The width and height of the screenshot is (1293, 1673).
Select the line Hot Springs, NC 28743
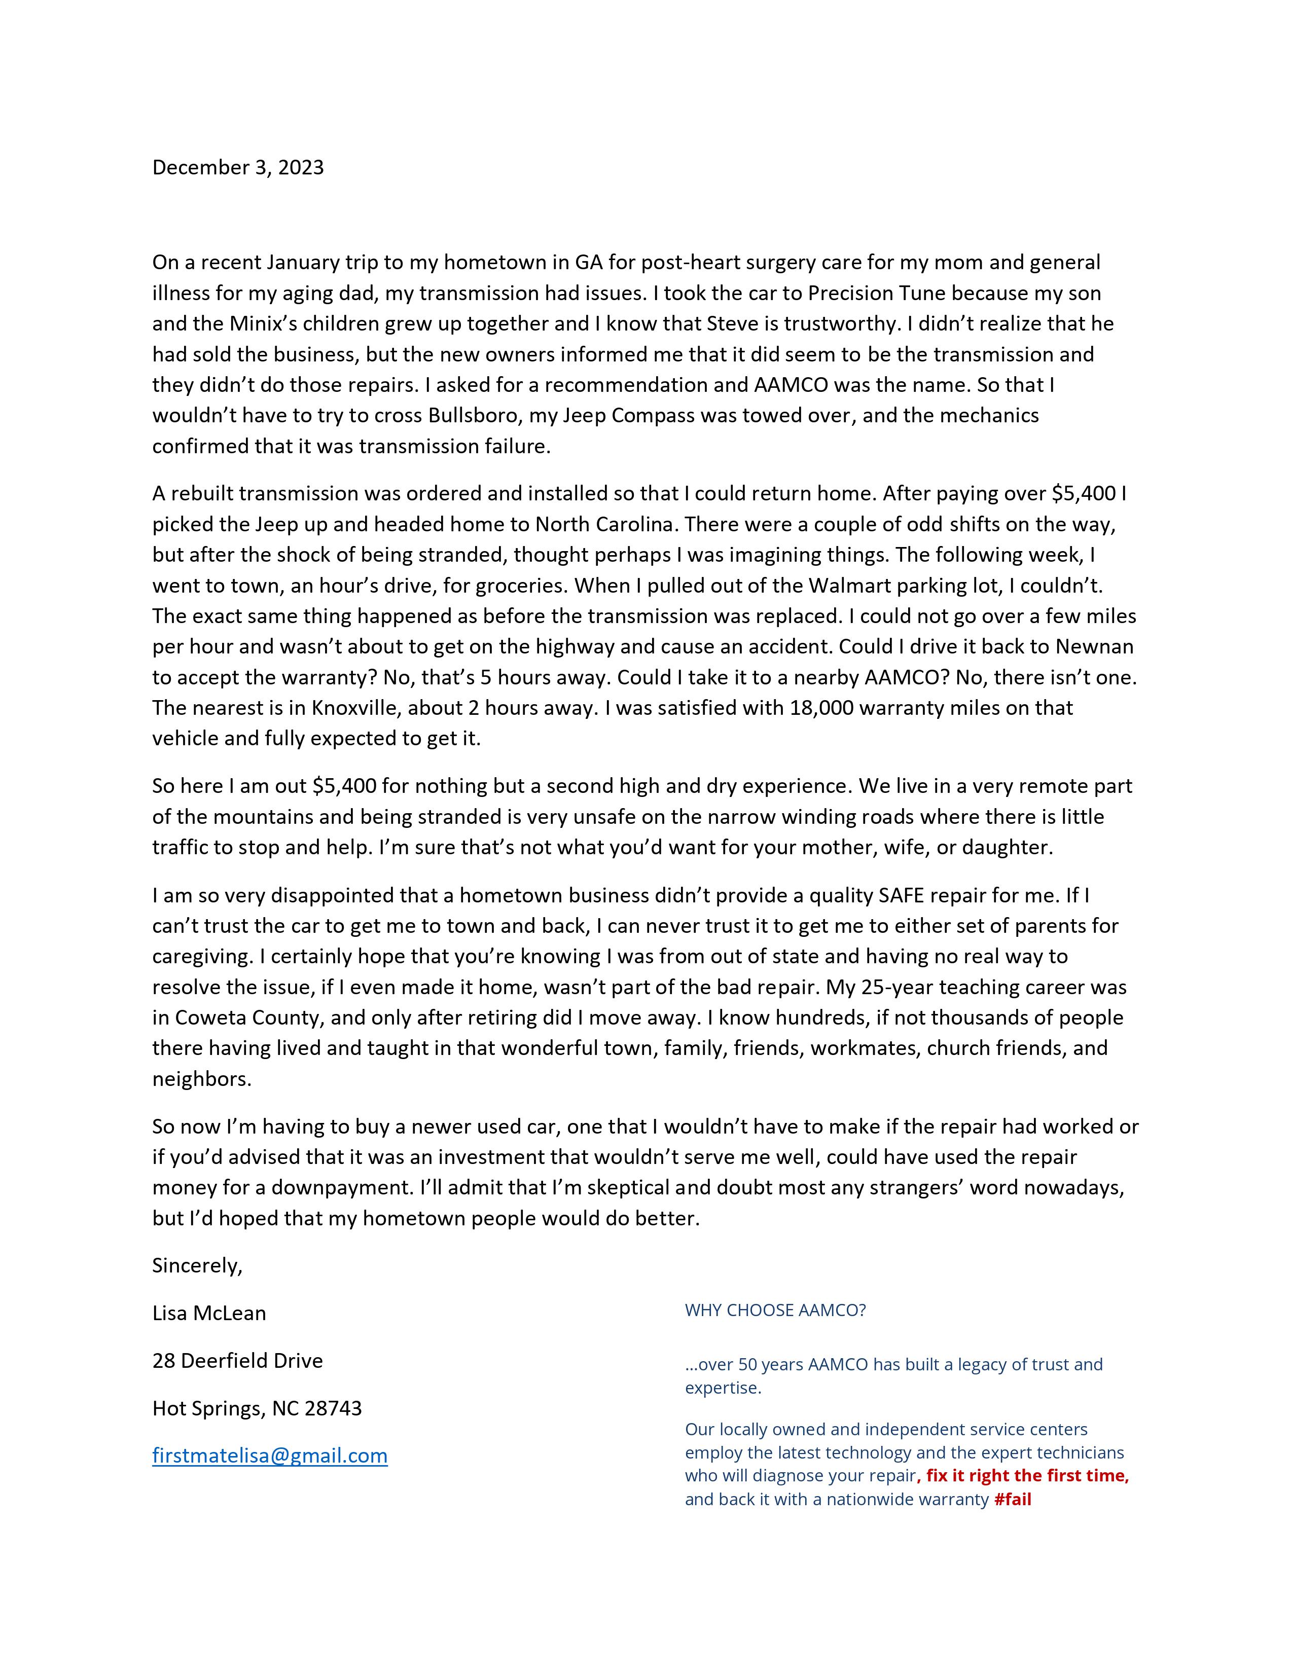(257, 1407)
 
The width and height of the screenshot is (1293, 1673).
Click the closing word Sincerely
(196, 1265)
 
